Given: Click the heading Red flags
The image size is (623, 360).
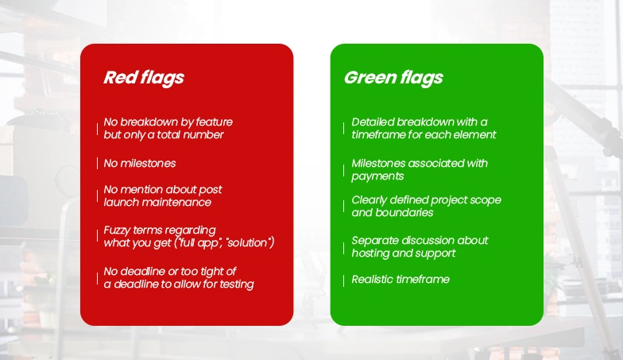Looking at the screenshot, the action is [144, 78].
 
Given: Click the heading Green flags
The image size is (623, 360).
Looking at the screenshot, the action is [393, 78].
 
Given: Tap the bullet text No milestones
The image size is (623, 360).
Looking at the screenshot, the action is [140, 164].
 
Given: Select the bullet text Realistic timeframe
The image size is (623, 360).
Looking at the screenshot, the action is [400, 280].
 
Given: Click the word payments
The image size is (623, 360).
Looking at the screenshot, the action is [377, 176].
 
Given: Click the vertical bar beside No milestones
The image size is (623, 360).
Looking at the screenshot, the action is [97, 164].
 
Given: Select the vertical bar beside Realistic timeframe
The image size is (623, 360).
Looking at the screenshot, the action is [343, 281].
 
